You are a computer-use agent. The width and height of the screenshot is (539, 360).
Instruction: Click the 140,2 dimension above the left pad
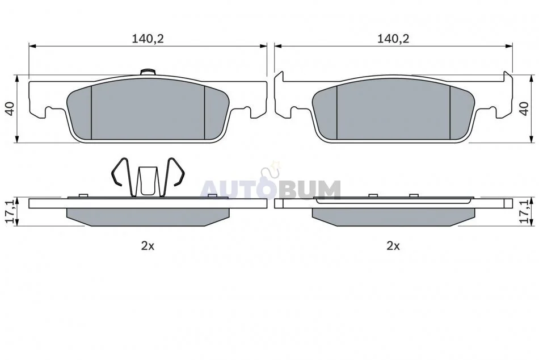tap(148, 39)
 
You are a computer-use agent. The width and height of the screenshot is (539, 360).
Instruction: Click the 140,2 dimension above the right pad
tap(393, 39)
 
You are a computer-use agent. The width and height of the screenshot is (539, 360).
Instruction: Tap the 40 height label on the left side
tap(10, 109)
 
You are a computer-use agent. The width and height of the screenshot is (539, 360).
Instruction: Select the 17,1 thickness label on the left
tap(10, 212)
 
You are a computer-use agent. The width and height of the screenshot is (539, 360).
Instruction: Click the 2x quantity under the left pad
tap(148, 246)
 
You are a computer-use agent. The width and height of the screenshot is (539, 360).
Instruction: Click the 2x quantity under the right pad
tap(393, 246)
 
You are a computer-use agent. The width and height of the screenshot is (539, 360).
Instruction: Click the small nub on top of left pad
tap(148, 72)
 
